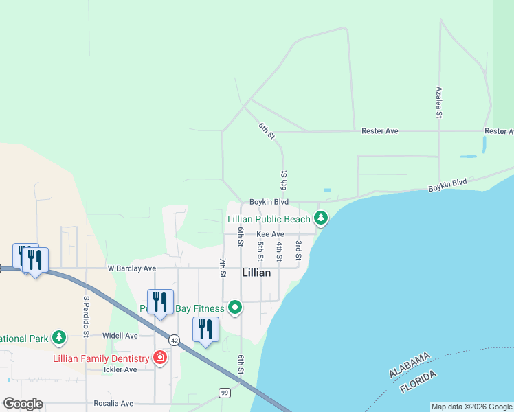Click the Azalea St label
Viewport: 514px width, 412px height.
438,102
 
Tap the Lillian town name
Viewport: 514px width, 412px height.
256,273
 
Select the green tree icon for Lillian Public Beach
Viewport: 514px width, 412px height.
320,219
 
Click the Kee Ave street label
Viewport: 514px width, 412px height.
270,234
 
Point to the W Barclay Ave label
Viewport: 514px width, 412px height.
131,268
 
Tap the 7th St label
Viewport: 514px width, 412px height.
223,268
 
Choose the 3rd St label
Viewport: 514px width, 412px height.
298,250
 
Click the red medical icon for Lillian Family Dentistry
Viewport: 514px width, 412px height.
160,358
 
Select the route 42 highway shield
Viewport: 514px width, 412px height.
175,340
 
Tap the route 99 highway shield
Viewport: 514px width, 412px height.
224,392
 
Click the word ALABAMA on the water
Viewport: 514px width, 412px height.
410,364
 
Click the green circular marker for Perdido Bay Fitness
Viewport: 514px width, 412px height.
235,307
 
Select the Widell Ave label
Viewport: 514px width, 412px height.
120,336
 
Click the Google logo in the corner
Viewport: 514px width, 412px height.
23,404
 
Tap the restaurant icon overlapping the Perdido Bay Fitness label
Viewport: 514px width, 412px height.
160,303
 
